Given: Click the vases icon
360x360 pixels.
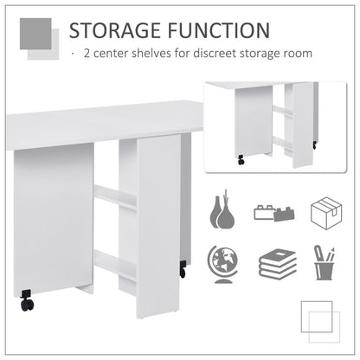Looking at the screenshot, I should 222,210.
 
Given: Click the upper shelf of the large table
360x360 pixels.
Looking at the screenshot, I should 114,197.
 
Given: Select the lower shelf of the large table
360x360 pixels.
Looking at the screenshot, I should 115,264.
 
